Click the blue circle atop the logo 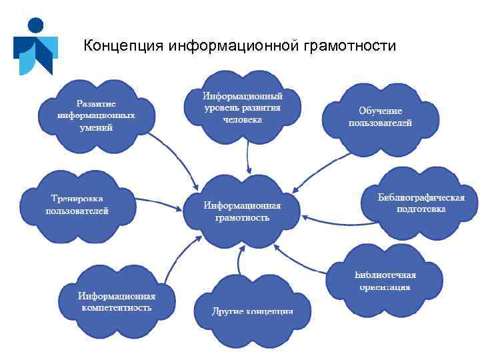[35, 26]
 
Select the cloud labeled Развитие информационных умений [96, 115]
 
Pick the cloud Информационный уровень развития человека [242, 107]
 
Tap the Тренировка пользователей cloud [77, 204]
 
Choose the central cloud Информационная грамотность [242, 211]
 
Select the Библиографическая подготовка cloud [421, 203]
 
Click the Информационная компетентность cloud [116, 301]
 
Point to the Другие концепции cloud [252, 309]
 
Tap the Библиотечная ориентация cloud [385, 281]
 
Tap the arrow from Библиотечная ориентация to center [300, 260]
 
